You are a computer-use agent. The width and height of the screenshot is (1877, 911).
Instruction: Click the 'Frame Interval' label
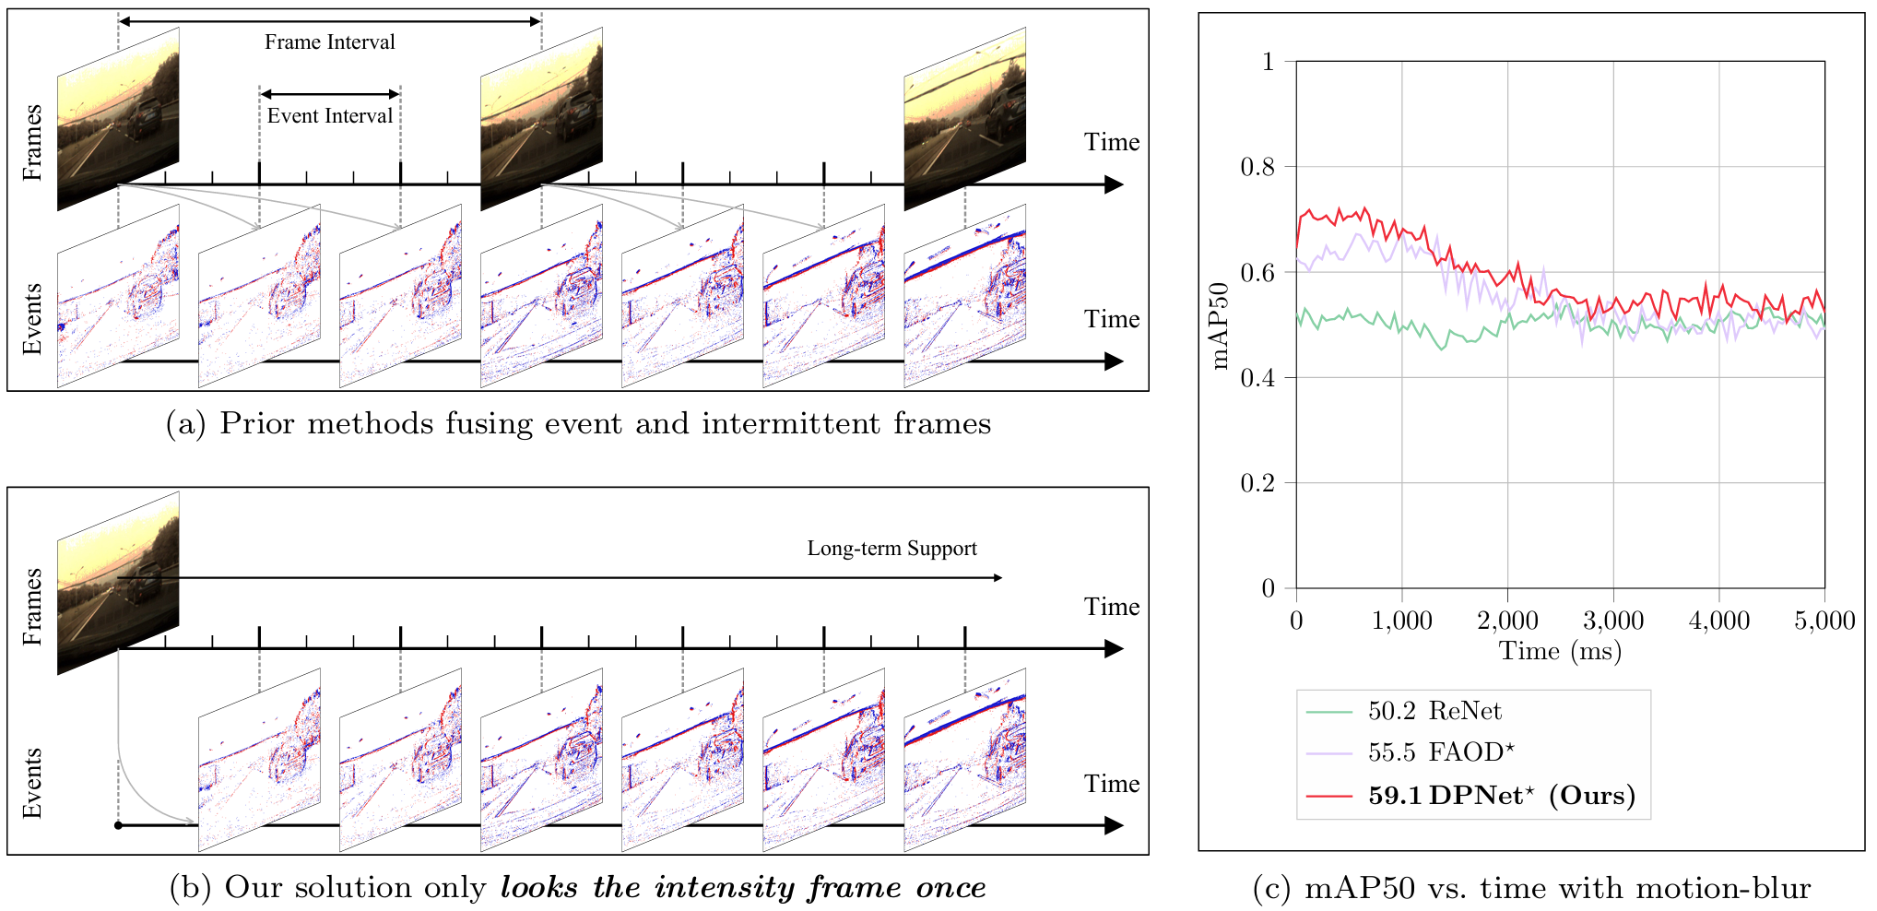(x=330, y=42)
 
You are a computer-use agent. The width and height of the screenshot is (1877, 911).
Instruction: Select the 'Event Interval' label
(x=330, y=116)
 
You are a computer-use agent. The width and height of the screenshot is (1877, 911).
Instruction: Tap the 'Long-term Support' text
(x=891, y=549)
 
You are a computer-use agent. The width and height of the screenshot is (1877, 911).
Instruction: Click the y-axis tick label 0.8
(x=1257, y=167)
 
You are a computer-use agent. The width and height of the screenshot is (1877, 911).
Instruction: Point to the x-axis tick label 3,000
(x=1613, y=621)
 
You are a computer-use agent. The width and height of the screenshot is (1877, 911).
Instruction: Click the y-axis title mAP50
(x=1221, y=325)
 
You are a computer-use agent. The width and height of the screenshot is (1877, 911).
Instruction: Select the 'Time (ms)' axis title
(x=1560, y=652)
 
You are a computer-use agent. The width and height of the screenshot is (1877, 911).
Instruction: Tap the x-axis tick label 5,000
(x=1824, y=621)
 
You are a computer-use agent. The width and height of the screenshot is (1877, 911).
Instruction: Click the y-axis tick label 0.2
(x=1257, y=483)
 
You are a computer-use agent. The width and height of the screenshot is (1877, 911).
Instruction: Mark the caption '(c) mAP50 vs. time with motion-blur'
(x=1531, y=888)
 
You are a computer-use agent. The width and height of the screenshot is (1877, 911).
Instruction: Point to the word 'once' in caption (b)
(x=950, y=887)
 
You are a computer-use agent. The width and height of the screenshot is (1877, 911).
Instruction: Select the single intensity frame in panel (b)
(x=118, y=583)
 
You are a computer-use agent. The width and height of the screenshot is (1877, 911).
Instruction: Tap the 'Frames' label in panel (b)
(x=32, y=606)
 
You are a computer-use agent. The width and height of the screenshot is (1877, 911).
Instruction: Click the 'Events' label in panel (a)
(x=32, y=318)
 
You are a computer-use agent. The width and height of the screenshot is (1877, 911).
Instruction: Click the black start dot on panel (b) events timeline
(x=118, y=825)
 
